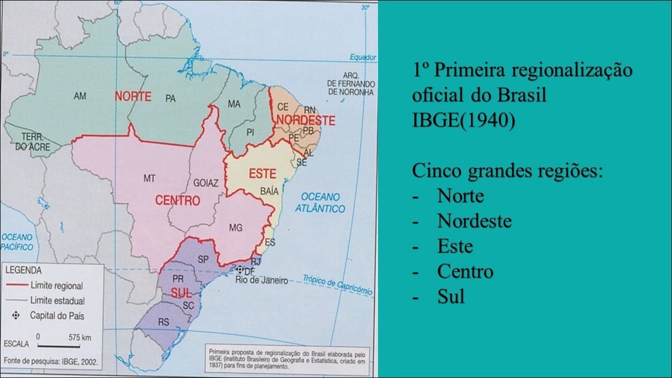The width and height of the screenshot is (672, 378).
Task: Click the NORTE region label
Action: click(133, 97)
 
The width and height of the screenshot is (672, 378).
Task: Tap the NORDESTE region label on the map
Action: click(306, 120)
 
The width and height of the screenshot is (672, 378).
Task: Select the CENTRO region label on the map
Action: click(177, 201)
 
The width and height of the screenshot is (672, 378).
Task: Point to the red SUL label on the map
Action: click(182, 293)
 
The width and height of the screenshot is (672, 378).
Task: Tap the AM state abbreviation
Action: click(80, 96)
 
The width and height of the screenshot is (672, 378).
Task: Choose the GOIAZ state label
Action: click(205, 184)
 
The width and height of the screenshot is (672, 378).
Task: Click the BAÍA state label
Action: click(269, 192)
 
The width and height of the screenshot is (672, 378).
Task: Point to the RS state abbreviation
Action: click(163, 322)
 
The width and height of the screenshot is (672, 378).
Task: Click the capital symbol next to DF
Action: click(240, 269)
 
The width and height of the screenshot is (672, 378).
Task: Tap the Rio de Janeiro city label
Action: click(261, 281)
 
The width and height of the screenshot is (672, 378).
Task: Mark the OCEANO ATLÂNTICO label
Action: click(320, 203)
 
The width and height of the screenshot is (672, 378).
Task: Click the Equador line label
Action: click(363, 57)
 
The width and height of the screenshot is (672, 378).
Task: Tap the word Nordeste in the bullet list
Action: click(474, 222)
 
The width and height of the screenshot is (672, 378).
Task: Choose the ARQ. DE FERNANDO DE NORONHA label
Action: click(351, 84)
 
